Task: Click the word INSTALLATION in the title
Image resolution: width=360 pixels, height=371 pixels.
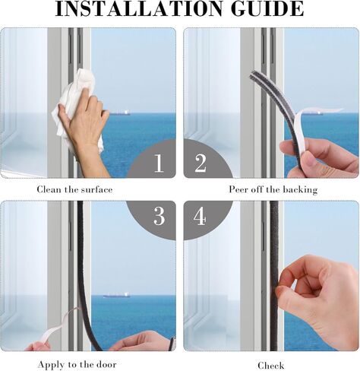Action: [x=139, y=9]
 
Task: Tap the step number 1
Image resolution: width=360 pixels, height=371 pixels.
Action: [x=159, y=163]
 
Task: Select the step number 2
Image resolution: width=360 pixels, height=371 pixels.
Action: [x=201, y=163]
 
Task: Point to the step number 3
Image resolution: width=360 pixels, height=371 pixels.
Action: [x=159, y=216]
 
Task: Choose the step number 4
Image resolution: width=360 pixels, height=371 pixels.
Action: [x=200, y=216]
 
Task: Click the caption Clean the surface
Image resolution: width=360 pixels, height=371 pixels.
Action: [x=74, y=189]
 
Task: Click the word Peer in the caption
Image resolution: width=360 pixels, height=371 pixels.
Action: [x=238, y=189]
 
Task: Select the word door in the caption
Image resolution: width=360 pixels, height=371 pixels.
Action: [x=106, y=365]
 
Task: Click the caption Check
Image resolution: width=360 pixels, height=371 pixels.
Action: [x=271, y=366]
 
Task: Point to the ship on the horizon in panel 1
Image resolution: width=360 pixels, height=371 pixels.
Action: [x=120, y=113]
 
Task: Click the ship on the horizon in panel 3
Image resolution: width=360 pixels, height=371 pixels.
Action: [x=117, y=295]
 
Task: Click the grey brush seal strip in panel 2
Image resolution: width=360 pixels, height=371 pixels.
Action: [x=275, y=112]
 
